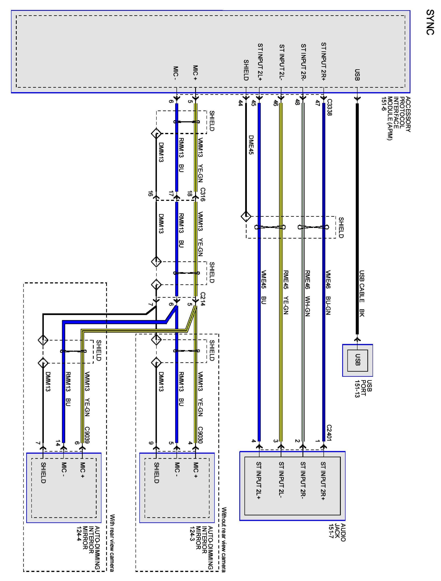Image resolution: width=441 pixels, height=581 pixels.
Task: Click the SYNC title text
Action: [x=430, y=22]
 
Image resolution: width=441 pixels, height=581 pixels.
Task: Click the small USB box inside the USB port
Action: [x=357, y=360]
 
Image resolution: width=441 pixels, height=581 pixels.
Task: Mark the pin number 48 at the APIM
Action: [x=297, y=102]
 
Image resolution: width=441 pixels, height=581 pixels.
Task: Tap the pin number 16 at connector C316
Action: [x=150, y=194]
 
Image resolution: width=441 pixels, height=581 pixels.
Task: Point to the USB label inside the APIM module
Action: [x=357, y=75]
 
